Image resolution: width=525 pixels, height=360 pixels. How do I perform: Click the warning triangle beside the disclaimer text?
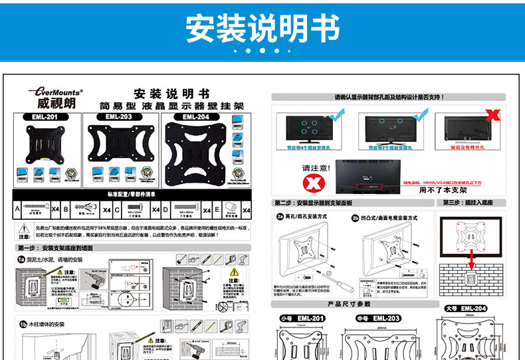24,228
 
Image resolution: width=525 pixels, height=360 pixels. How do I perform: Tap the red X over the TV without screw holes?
493,114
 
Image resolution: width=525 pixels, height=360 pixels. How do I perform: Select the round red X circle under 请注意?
310,181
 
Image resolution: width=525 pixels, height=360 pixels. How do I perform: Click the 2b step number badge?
355,217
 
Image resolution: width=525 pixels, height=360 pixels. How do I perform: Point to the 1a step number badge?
22,259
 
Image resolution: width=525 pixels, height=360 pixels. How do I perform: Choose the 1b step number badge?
22,325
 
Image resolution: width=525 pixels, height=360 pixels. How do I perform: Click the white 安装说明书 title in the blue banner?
262,28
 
